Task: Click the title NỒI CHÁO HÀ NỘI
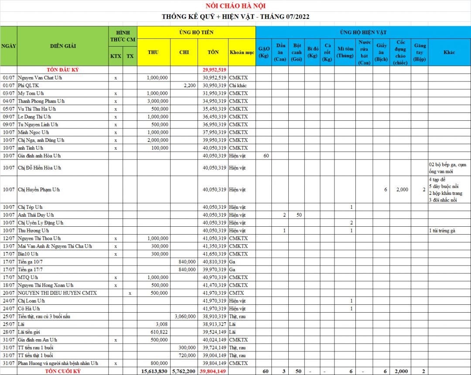point(235,6)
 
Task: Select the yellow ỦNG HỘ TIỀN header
point(196,32)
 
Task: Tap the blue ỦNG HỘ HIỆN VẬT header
point(363,32)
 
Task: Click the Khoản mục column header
point(242,52)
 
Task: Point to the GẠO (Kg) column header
point(263,52)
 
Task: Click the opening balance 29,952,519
point(214,70)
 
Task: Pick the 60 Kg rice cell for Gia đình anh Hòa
point(266,156)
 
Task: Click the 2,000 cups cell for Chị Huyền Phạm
point(402,190)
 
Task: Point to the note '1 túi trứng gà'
point(442,231)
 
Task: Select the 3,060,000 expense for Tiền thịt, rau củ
point(185,316)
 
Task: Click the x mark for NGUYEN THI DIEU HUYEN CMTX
point(130,293)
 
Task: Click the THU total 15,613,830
point(154,371)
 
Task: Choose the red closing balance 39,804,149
point(213,371)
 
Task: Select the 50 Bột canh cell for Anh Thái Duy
point(299,215)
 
